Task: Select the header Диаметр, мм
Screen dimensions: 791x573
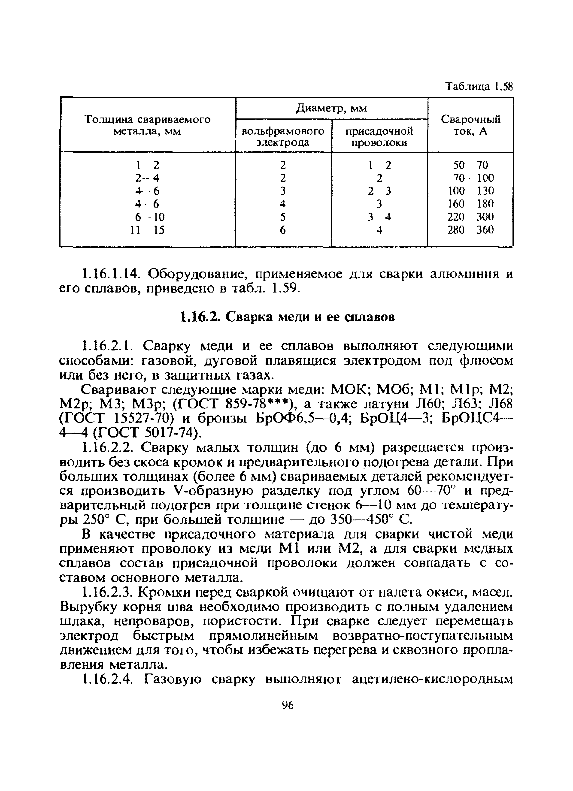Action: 331,109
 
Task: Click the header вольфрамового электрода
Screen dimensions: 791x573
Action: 283,137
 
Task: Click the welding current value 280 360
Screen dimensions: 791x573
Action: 470,230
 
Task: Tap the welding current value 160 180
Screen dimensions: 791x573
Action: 470,204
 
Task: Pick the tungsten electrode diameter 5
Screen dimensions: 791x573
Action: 283,217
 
